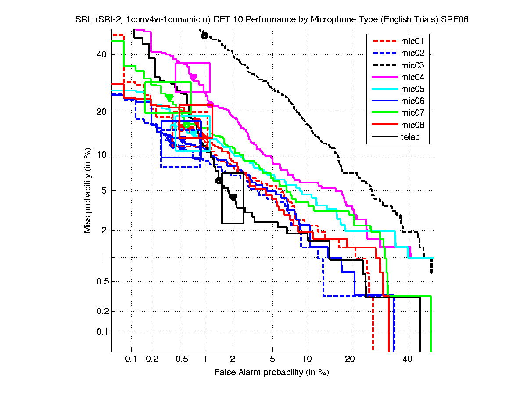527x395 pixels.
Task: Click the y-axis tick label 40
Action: (101, 54)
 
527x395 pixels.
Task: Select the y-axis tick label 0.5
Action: (100, 281)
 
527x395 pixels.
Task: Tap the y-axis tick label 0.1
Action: (100, 331)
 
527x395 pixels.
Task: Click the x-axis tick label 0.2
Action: (152, 359)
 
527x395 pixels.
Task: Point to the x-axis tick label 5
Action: (272, 359)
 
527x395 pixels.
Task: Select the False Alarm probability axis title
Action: (272, 373)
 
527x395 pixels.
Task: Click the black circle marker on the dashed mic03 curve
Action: (204, 36)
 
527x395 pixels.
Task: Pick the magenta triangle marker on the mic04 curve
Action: (193, 78)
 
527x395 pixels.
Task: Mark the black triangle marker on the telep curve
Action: (233, 198)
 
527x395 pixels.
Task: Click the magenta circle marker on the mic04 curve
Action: (210, 104)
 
